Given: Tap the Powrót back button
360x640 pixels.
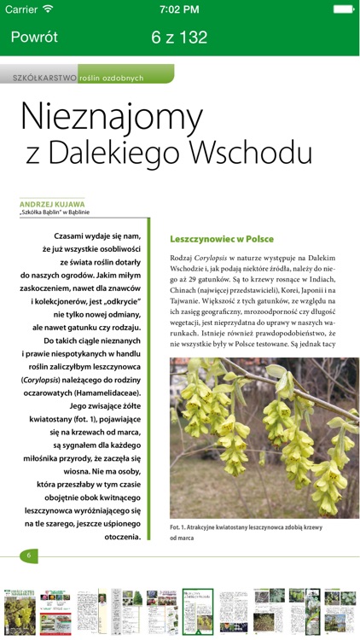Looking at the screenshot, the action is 34,38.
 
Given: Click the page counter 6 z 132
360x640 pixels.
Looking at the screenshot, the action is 179,38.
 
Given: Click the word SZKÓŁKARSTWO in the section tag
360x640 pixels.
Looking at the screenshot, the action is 44,78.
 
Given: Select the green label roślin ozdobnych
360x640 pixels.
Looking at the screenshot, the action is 113,78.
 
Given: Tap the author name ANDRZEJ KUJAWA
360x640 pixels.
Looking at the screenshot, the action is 52,204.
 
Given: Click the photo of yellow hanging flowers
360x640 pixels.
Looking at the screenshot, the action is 264,437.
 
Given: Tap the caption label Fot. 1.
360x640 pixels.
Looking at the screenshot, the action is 181,527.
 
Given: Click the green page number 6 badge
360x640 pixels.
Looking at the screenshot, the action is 29,556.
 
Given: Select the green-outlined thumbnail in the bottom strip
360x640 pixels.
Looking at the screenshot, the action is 197,610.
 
